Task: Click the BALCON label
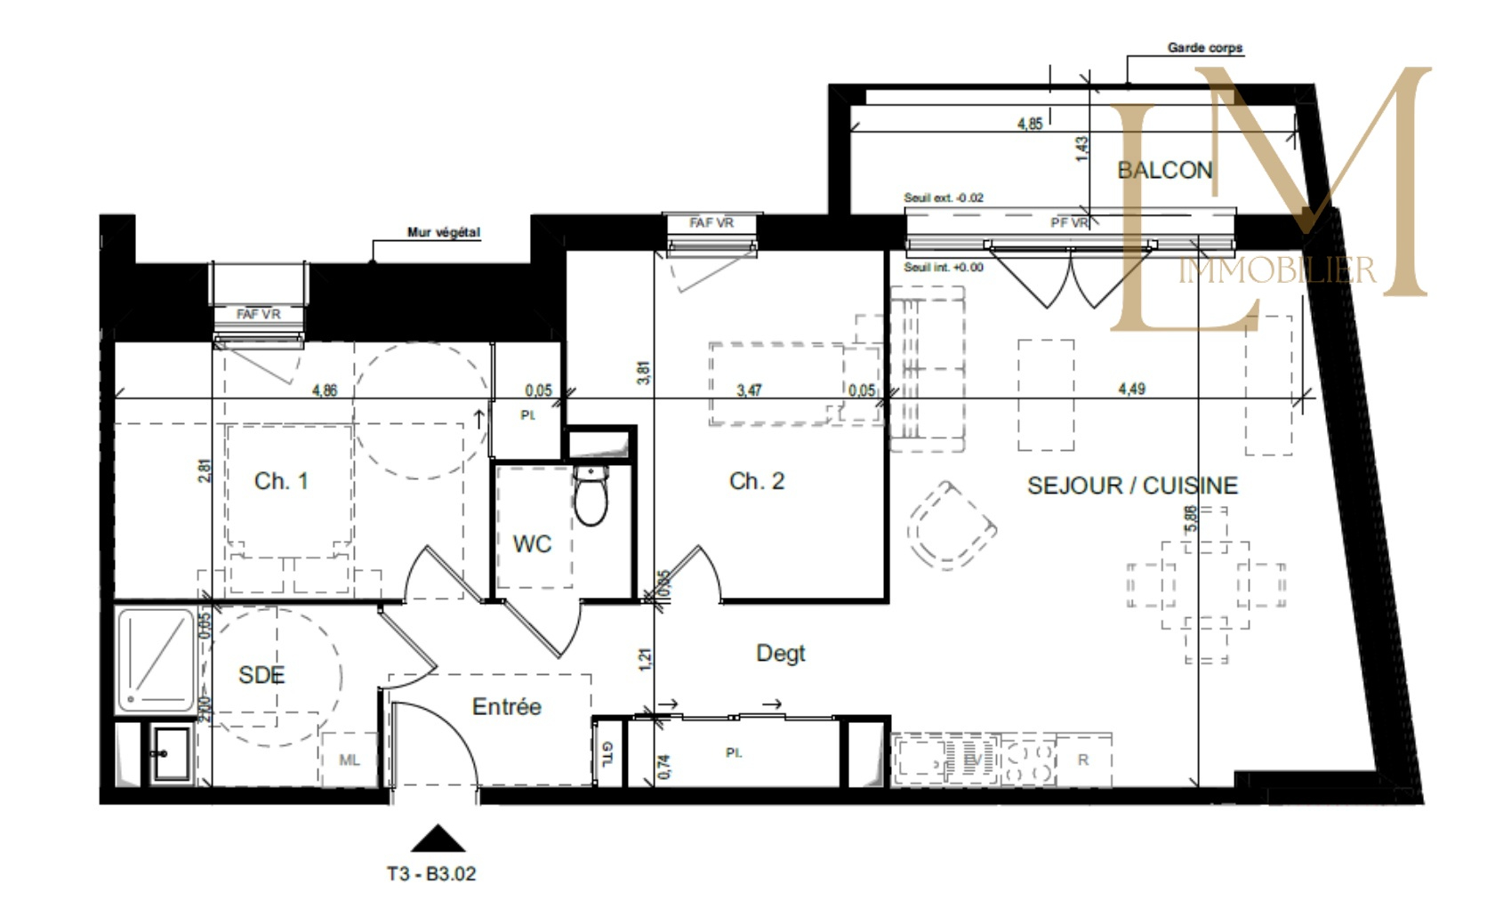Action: click(1163, 170)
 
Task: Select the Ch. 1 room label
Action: click(281, 481)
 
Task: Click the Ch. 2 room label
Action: click(756, 481)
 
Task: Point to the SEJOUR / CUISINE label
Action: click(1131, 486)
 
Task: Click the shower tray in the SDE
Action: click(156, 659)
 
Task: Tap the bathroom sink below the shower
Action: click(169, 754)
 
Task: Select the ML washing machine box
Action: click(350, 759)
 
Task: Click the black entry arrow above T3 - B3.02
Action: click(438, 839)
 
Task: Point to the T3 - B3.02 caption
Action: click(431, 874)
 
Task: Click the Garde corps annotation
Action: click(1204, 48)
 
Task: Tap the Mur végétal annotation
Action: click(443, 232)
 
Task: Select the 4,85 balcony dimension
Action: click(1029, 125)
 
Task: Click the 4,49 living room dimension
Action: click(1131, 389)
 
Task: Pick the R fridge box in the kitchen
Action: click(1082, 759)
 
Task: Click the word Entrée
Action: click(506, 707)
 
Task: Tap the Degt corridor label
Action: click(780, 654)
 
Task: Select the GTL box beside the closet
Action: click(607, 752)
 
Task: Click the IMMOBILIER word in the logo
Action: click(1276, 270)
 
